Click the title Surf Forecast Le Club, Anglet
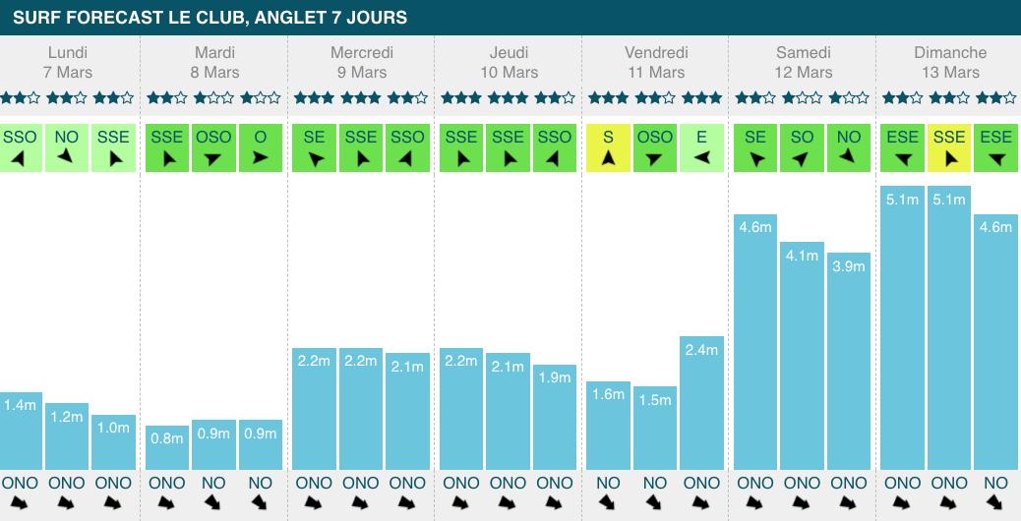tap(210, 18)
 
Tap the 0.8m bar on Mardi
tap(166, 447)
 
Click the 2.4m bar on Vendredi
tap(701, 402)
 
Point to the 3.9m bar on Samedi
tap(848, 361)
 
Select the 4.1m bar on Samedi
tap(802, 355)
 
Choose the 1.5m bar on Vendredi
tap(655, 428)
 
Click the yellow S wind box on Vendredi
tap(608, 147)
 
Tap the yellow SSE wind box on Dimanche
tap(949, 147)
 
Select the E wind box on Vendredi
tap(701, 147)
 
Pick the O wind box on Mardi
tap(261, 147)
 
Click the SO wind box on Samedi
tap(802, 147)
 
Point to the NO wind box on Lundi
tap(67, 147)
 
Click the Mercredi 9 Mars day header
tap(361, 62)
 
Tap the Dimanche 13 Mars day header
tap(949, 62)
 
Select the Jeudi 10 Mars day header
tap(508, 62)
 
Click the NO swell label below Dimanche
tap(995, 483)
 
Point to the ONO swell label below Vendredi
tap(701, 483)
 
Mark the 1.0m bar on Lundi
tap(114, 441)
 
